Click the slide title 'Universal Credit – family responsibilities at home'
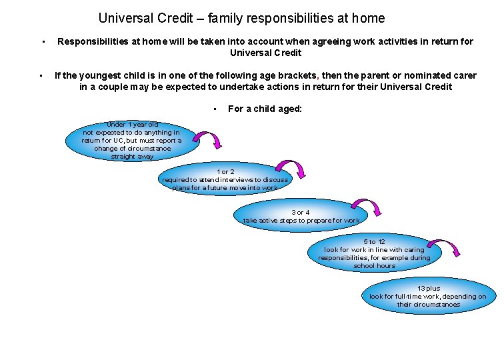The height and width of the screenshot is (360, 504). pyautogui.click(x=241, y=19)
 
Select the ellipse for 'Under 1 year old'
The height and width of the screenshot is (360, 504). pyautogui.click(x=132, y=141)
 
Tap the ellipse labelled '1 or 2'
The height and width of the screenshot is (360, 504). pyautogui.click(x=225, y=180)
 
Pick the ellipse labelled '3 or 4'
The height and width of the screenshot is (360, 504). pyautogui.click(x=301, y=217)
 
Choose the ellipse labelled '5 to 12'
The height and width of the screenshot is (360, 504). pyautogui.click(x=374, y=254)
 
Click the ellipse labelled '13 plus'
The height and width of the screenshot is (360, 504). pyautogui.click(x=428, y=297)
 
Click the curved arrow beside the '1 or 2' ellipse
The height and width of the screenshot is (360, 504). pyautogui.click(x=291, y=170)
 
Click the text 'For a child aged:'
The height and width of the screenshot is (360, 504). pyautogui.click(x=265, y=109)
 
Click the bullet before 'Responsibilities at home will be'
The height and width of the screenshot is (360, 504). pyautogui.click(x=42, y=42)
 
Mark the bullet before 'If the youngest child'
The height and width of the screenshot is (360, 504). pyautogui.click(x=41, y=75)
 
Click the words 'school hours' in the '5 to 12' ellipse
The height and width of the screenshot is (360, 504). pyautogui.click(x=374, y=266)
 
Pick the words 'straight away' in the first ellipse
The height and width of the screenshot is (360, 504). pyautogui.click(x=132, y=157)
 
